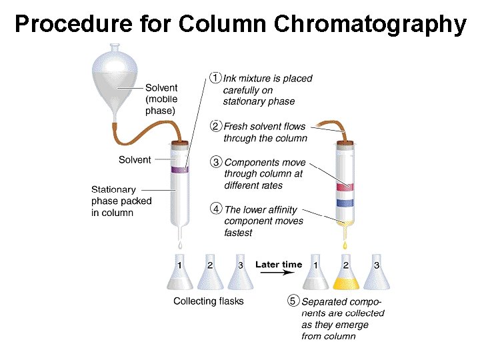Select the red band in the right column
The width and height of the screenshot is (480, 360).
(345, 186)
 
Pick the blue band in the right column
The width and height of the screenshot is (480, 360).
(345, 202)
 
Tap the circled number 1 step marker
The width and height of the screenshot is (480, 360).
(215, 77)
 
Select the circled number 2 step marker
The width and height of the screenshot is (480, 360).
(216, 125)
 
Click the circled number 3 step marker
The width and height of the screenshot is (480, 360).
(216, 161)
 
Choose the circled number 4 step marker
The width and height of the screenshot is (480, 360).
(216, 208)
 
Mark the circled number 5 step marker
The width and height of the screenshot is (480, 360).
(293, 301)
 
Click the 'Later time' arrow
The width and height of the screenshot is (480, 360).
(279, 265)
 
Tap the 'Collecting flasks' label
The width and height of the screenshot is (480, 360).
(209, 301)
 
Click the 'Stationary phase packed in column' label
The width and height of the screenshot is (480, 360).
(121, 201)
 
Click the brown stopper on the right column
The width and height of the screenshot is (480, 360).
(345, 141)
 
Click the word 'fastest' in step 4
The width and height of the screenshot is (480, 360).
(239, 233)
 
